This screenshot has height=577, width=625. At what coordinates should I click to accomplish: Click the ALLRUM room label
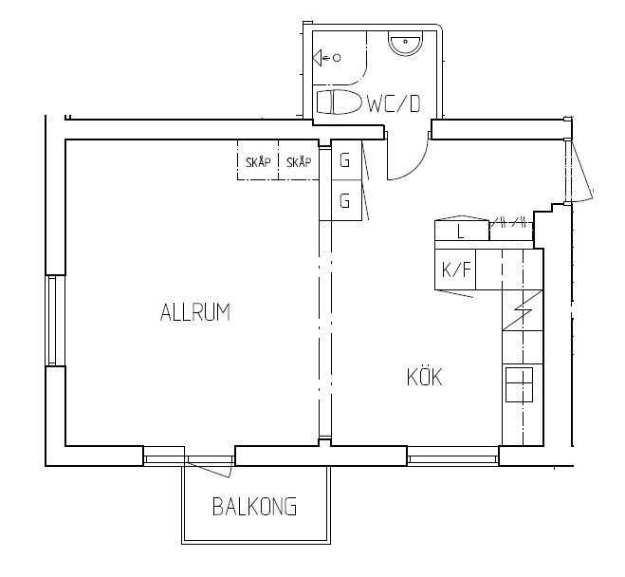(195, 312)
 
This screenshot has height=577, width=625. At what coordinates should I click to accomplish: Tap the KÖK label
(425, 377)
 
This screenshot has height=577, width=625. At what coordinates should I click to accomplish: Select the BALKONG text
(255, 507)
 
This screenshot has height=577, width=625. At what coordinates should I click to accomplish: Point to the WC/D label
(394, 103)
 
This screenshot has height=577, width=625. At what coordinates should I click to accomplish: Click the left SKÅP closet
(258, 159)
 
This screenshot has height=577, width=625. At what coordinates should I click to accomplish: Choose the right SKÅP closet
(299, 159)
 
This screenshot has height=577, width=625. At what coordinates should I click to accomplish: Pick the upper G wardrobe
(346, 159)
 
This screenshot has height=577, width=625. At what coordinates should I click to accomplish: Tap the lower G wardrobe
(346, 200)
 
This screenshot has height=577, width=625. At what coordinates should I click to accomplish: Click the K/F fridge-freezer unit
(455, 270)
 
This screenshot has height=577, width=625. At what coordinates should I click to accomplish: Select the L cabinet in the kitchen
(462, 231)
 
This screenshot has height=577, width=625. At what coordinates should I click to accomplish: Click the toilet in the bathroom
(339, 102)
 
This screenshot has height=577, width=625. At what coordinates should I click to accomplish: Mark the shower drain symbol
(338, 58)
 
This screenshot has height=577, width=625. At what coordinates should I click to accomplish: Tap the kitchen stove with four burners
(519, 384)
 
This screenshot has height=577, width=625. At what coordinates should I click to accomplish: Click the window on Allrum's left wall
(52, 320)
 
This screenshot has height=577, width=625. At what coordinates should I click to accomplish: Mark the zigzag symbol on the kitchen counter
(523, 310)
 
